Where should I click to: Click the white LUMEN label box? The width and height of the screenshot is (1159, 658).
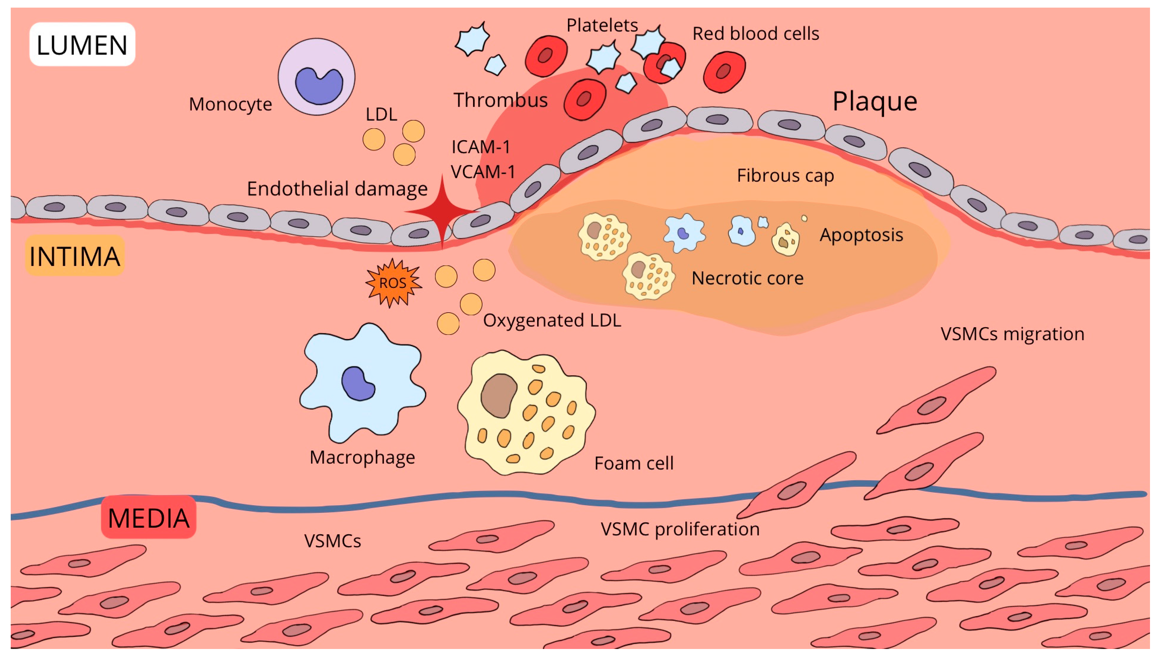point(82,45)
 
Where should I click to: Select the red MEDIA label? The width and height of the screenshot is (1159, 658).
point(148,517)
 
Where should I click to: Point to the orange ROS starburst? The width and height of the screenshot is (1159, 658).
point(393,283)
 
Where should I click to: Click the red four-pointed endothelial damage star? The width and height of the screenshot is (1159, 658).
point(442,211)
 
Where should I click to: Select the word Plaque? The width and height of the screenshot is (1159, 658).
point(875,101)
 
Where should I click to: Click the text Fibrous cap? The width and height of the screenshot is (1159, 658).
point(785,175)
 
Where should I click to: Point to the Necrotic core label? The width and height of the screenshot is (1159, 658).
point(747,278)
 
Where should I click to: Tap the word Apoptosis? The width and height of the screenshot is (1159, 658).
point(861,235)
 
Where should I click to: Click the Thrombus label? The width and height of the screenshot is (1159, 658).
point(500,100)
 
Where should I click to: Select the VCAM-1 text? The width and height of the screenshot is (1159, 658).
point(483,172)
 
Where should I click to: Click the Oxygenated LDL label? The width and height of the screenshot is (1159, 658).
point(552,320)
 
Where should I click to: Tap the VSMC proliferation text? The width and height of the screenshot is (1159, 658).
point(679,529)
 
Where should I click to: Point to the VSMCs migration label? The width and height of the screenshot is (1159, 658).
point(1012,334)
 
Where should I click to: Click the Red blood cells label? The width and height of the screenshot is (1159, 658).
point(755,34)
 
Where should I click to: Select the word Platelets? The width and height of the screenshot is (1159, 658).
point(602,25)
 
